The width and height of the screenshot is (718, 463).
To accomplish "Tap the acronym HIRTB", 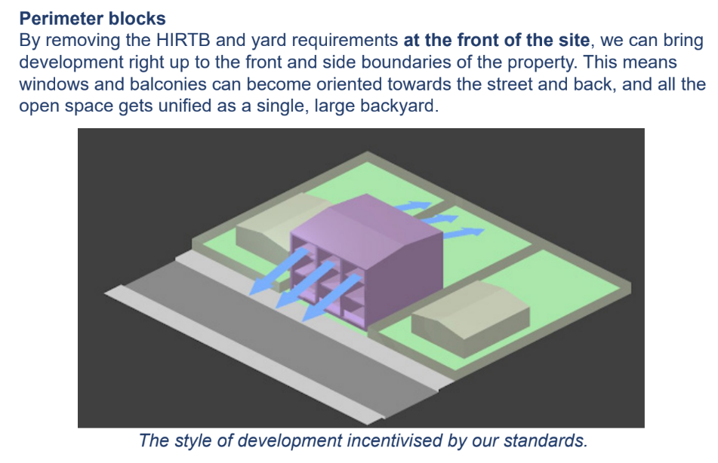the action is (x=183, y=40).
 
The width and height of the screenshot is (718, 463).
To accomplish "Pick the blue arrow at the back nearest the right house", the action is (x=464, y=233).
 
